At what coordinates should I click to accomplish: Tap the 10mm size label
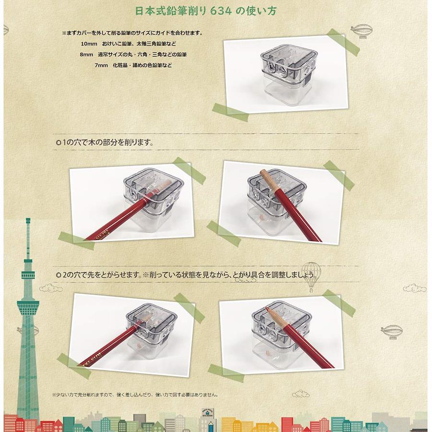pos(89,44)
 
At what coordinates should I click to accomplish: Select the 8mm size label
pos(86,55)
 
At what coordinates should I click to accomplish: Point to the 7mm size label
pos(101,65)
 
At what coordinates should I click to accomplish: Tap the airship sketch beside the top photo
pos(362,31)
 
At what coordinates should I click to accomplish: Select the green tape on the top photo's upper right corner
pos(343,42)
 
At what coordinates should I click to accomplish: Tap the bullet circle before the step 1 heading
pos(58,143)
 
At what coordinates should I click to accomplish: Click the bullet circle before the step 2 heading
pos(58,275)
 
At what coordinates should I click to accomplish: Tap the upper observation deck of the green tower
pos(28,274)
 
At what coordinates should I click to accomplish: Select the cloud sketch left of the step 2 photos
pos(51,288)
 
